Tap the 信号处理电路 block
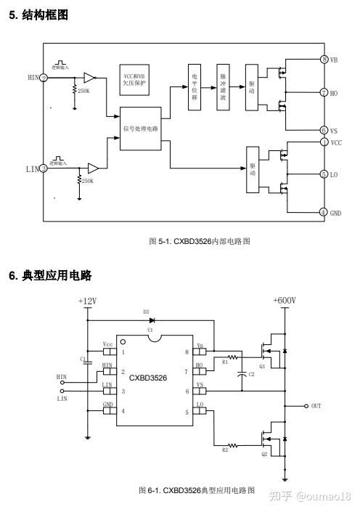tap(141, 129)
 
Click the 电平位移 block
tap(194, 91)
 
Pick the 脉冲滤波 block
tap(223, 91)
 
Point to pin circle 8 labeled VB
tap(324, 60)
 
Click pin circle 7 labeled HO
tap(324, 93)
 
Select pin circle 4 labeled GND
tap(324, 212)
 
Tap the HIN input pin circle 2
tap(44, 78)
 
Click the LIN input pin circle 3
tap(44, 168)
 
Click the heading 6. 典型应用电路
tap(50, 275)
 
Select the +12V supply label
tap(87, 301)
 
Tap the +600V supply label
tap(284, 301)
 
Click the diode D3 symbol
tap(152, 320)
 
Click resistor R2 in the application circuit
tap(234, 445)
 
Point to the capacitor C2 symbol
tap(242, 375)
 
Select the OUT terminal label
tap(316, 406)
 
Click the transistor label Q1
tap(262, 366)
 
